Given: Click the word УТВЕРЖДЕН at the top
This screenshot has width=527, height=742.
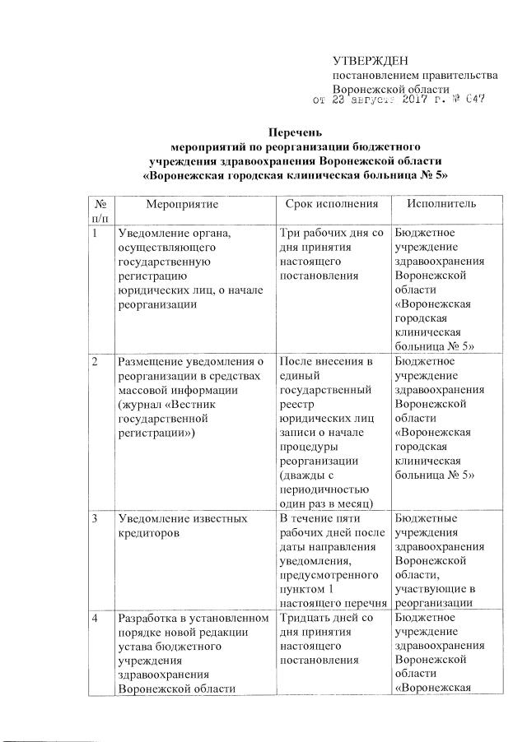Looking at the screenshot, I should tap(370, 61).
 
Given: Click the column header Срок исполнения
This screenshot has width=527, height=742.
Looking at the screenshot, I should tap(331, 202).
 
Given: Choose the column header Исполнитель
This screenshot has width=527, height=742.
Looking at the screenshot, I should tap(435, 202).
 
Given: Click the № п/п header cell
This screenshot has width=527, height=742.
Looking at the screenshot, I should tap(100, 209).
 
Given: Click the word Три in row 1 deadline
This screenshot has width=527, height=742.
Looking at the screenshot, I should tap(291, 233).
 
